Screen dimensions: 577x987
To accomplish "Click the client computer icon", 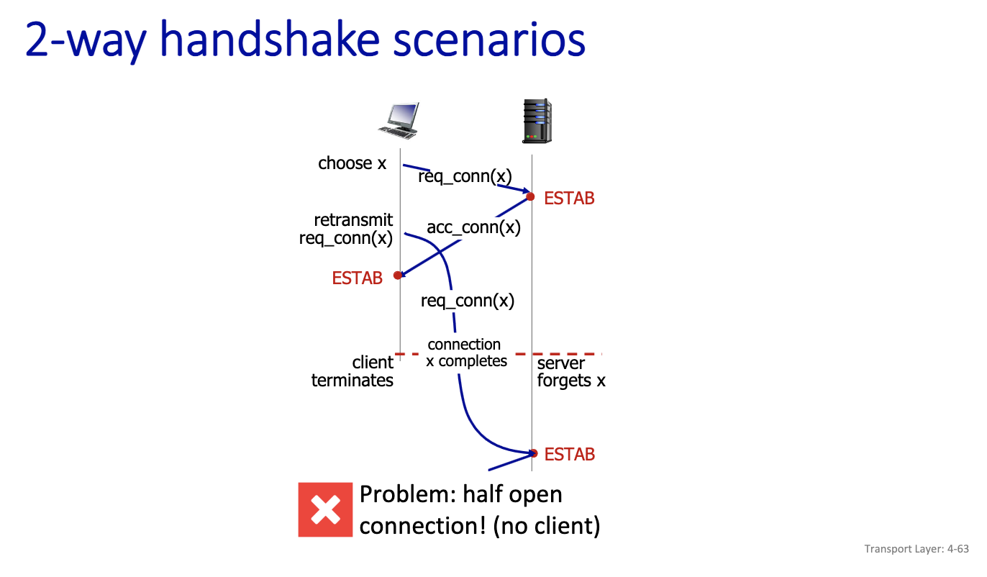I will pyautogui.click(x=399, y=120).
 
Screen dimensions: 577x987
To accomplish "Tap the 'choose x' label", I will pyautogui.click(x=352, y=163).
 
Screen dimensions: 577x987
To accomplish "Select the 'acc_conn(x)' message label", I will pyautogui.click(x=473, y=227).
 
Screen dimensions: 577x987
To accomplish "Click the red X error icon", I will pyautogui.click(x=325, y=510).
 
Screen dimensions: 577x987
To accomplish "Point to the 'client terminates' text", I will pyautogui.click(x=352, y=371).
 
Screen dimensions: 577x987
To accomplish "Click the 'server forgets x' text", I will pyautogui.click(x=571, y=372).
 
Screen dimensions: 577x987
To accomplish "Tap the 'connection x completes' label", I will pyautogui.click(x=465, y=353).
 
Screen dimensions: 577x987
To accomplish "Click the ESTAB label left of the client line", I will pyautogui.click(x=357, y=278).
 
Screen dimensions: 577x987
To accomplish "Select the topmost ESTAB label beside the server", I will pyautogui.click(x=569, y=199).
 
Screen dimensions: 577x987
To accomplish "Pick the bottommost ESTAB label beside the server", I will pyautogui.click(x=569, y=455).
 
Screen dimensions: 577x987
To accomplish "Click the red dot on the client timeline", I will pyautogui.click(x=398, y=275).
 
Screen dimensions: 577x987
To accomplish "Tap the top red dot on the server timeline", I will pyautogui.click(x=530, y=196).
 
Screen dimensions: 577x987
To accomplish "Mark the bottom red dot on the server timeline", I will pyautogui.click(x=534, y=453).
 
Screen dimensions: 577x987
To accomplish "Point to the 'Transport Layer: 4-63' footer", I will pyautogui.click(x=916, y=549).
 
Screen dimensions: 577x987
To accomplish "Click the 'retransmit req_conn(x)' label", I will pyautogui.click(x=347, y=229).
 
